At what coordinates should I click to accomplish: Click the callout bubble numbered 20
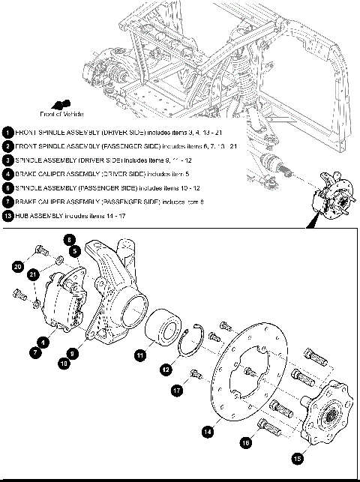[x=18, y=266]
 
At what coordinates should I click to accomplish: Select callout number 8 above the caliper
[x=69, y=241]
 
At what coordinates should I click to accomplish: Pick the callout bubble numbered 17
[x=177, y=390]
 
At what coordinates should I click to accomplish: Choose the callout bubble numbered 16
[x=245, y=443]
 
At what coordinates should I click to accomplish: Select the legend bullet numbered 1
[x=7, y=131]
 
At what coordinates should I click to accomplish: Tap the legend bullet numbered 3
[x=7, y=160]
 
